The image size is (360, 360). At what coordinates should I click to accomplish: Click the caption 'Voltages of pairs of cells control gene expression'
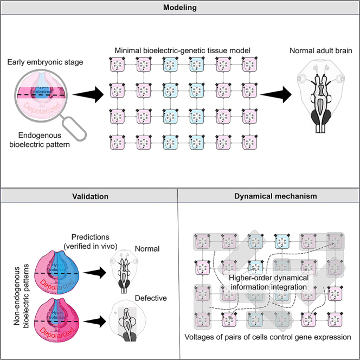pyautogui.click(x=269, y=337)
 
